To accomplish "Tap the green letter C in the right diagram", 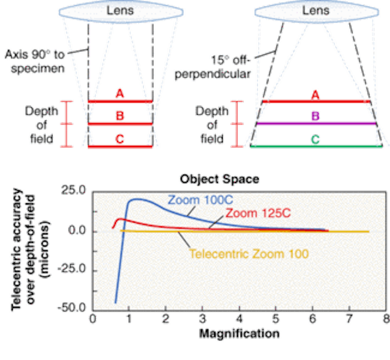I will coord(316,139).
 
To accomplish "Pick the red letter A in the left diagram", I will coord(120,93).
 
